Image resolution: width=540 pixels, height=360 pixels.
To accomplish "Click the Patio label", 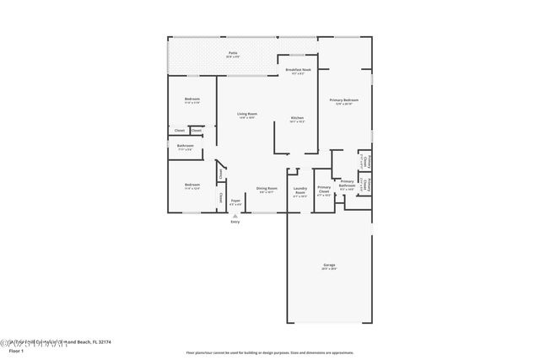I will (x=232, y=53).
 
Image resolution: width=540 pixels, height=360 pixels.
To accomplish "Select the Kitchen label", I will (x=297, y=117).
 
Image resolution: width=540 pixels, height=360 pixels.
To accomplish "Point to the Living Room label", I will (x=246, y=114).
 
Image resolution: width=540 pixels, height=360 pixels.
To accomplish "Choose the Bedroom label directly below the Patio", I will (x=192, y=99).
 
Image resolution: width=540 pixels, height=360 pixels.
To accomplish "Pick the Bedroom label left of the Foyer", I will (x=192, y=185).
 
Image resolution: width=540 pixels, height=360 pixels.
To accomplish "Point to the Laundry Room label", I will (x=300, y=191).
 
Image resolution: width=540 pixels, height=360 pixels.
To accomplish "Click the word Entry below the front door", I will (x=235, y=222).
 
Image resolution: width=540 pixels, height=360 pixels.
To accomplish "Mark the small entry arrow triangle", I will (x=235, y=215).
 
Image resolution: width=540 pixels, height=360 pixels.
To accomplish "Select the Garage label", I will (x=328, y=265).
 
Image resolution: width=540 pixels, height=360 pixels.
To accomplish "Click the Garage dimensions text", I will (x=328, y=270).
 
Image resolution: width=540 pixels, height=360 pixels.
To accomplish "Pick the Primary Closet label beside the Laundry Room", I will (x=324, y=190).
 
